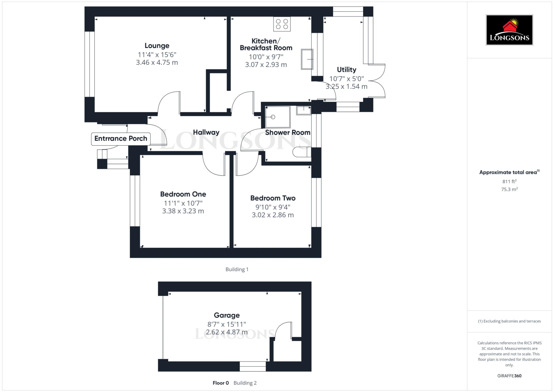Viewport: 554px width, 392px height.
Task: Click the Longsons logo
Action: click(509, 30)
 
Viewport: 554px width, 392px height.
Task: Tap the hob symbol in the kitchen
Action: click(282, 24)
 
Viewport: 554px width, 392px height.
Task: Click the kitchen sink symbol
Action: click(307, 59)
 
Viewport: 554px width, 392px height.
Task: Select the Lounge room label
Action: click(157, 46)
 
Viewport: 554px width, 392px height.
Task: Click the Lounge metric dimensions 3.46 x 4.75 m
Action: click(157, 62)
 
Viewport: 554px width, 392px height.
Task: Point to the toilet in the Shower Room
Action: click(301, 152)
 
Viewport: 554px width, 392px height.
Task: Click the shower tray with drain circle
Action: click(278, 117)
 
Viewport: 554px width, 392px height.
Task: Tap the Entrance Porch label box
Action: click(121, 139)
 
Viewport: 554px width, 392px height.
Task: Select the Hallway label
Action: click(206, 132)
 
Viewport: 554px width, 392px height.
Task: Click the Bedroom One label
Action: click(183, 194)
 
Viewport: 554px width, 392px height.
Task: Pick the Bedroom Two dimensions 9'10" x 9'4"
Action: click(273, 207)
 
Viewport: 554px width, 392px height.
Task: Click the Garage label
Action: click(227, 315)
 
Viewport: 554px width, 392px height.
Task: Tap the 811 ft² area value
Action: click(509, 182)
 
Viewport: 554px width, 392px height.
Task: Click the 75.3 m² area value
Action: click(509, 189)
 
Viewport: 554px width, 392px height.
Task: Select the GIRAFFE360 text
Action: click(509, 376)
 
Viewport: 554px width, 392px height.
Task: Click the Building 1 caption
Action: click(237, 269)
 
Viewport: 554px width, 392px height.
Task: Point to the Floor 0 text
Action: click(221, 383)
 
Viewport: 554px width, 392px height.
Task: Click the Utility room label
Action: click(347, 70)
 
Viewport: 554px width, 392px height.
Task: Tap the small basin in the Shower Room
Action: click(304, 110)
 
